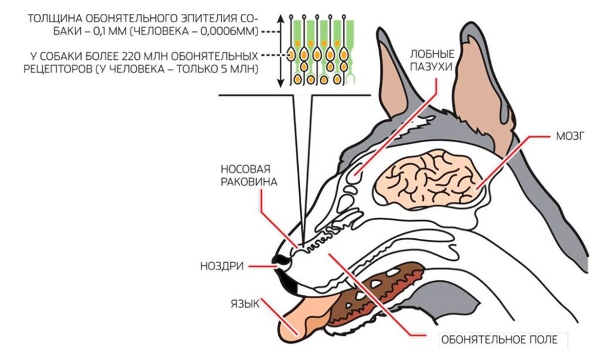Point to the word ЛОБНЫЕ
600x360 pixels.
(429, 52)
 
